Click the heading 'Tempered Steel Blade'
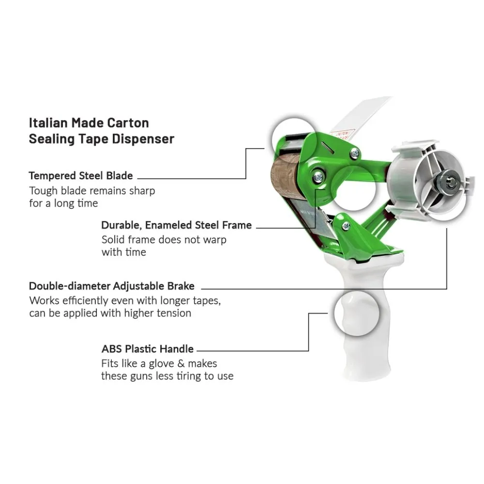[81, 176]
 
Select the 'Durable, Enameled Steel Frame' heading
[177, 225]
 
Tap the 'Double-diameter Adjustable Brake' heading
[112, 286]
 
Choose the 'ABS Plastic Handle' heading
[148, 349]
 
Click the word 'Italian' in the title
[48, 123]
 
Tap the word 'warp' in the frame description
[214, 240]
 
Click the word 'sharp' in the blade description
[142, 191]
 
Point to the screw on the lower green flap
[347, 226]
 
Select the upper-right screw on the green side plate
[355, 153]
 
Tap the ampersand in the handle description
[181, 363]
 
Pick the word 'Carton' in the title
[128, 123]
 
